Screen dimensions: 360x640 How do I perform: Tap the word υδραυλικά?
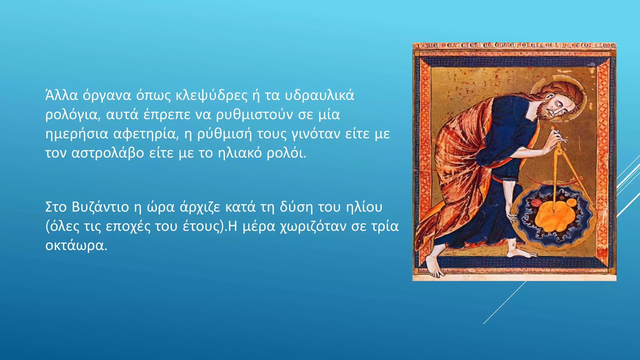pyautogui.click(x=319, y=95)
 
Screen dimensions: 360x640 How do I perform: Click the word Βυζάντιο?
pyautogui.click(x=100, y=207)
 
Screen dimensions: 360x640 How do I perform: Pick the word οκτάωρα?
pyautogui.click(x=76, y=246)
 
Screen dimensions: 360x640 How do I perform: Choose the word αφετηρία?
pyautogui.click(x=146, y=134)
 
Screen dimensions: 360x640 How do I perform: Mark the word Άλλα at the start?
pyautogui.click(x=61, y=95)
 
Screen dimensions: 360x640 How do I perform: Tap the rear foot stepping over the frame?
pyautogui.click(x=434, y=266)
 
